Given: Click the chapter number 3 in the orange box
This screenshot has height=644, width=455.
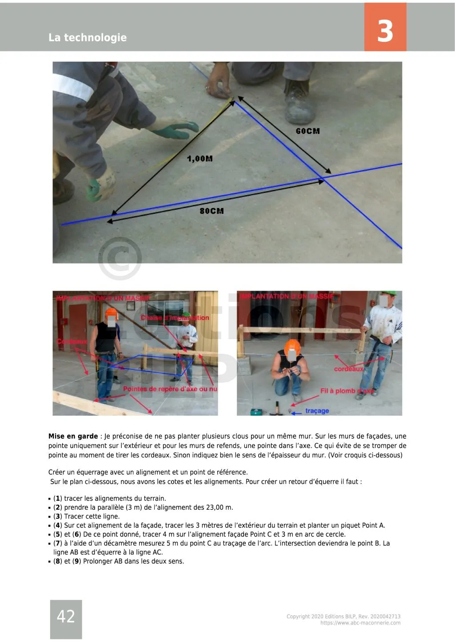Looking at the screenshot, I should [x=385, y=31].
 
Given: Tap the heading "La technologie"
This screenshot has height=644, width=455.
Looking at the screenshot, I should [x=88, y=38].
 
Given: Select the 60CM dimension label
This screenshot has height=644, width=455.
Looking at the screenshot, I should [x=307, y=131].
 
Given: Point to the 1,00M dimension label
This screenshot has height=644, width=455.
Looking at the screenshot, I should [x=200, y=159].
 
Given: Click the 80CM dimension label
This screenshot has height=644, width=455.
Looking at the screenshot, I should [x=212, y=211].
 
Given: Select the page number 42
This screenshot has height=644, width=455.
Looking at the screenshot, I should [x=66, y=616].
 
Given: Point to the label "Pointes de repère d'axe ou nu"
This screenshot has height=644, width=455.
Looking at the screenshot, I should [x=170, y=389].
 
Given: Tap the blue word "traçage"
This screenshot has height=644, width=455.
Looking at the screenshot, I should [x=317, y=411].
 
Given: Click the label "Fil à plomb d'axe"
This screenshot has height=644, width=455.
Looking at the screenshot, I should [x=346, y=391].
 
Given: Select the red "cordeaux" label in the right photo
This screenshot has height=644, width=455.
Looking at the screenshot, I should [x=348, y=369].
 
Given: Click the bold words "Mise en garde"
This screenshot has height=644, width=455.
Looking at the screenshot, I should [x=73, y=436].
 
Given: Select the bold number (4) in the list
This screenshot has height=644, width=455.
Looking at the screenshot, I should [x=57, y=525].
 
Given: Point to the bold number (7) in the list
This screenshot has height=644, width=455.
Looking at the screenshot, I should [x=57, y=543].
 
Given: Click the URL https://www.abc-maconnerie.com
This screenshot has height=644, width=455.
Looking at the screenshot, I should [x=360, y=623].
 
